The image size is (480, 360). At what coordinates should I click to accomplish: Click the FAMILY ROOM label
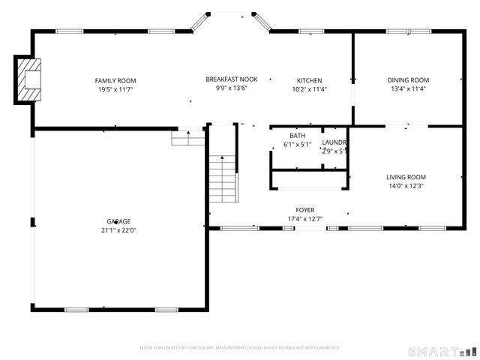coord(115,80)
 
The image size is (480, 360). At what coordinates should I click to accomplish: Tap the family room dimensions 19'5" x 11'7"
coord(115,89)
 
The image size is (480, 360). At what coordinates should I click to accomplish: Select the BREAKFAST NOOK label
coord(232,79)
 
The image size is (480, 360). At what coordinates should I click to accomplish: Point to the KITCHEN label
coord(309,80)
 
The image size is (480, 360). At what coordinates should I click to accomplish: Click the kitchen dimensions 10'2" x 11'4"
coord(309,89)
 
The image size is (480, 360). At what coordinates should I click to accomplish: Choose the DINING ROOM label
coord(408,80)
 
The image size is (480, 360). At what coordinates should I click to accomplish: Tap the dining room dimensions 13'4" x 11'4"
coord(408,89)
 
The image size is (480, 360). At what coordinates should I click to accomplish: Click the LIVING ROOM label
coord(406,177)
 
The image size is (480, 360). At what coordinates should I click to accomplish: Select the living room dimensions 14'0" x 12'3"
coord(406,186)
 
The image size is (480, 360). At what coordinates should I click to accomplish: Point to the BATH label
coord(297,136)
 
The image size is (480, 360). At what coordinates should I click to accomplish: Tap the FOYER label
coord(304,210)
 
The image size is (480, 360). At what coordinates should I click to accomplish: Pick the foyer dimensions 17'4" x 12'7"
coord(304,219)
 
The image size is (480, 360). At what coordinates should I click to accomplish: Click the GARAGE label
coord(118,221)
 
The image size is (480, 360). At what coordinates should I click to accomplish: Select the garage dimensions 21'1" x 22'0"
coord(118,230)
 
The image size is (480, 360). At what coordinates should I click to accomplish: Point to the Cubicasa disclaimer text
coord(240,347)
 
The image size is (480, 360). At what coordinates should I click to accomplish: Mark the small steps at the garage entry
coord(189,138)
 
